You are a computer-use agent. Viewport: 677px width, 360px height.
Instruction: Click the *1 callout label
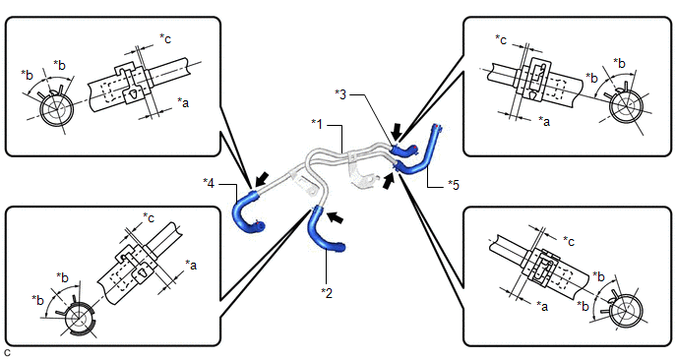[317, 124]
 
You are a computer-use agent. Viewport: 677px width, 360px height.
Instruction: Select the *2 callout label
[327, 293]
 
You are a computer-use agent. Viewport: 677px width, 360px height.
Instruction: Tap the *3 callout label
[340, 94]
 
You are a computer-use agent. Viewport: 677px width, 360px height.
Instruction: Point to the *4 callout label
[209, 183]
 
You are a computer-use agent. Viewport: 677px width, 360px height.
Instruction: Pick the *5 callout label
[454, 185]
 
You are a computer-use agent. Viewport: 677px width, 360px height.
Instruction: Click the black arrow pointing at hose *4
[262, 179]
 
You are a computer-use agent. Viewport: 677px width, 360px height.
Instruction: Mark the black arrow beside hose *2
[335, 217]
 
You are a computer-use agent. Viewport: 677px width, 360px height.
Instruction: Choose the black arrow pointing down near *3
[397, 130]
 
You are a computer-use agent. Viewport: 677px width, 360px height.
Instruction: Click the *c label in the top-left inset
[165, 38]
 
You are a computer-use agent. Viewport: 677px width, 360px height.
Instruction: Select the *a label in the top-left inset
[183, 102]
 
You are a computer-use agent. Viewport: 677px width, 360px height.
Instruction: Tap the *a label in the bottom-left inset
[191, 265]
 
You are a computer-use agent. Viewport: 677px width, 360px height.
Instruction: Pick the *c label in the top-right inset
[501, 39]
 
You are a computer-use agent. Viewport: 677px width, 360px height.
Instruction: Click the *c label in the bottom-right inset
[569, 240]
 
